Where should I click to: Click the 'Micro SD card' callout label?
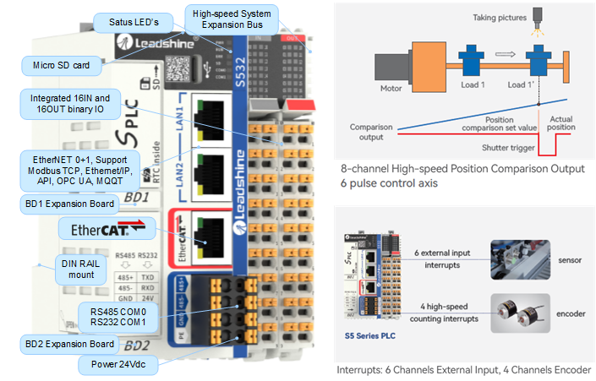(60, 64)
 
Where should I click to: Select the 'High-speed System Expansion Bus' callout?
(231, 19)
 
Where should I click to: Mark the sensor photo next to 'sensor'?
(519, 257)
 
